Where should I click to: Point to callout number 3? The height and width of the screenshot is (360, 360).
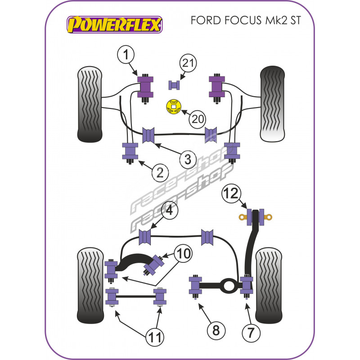click(x=188, y=159)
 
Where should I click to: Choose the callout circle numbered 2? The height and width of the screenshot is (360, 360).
click(x=159, y=172)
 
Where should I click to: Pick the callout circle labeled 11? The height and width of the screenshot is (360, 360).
click(x=154, y=336)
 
